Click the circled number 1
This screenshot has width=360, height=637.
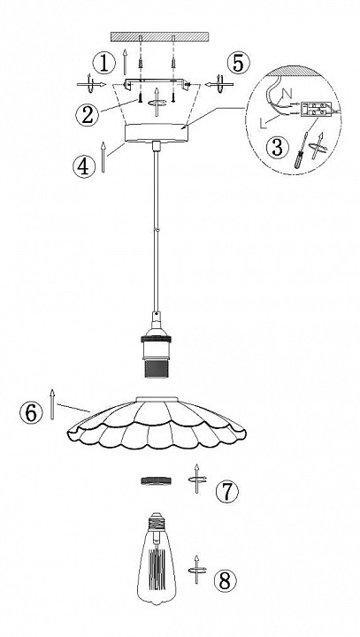104,64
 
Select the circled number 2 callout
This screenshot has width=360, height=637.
87,114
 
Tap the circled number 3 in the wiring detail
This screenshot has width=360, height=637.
278,147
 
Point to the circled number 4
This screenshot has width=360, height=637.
84,166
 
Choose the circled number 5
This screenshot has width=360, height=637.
238,63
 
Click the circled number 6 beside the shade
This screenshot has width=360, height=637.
31,413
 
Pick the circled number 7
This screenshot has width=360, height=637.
227,491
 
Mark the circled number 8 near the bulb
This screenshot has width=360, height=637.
225,581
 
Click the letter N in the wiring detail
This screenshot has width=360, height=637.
287,94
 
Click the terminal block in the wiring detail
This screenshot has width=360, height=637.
316,110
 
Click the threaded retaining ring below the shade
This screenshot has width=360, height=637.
156,481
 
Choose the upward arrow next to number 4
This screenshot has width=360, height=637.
103,157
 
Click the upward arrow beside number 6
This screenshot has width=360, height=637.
52,403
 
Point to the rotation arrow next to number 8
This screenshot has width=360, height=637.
196,570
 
